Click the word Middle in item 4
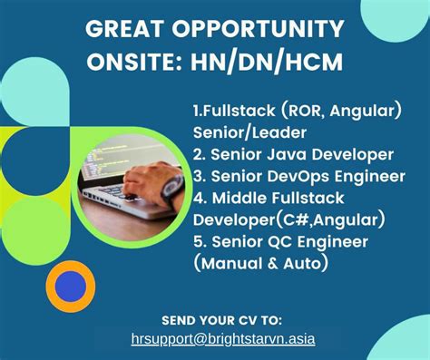[x=240, y=197]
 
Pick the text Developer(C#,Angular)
[x=277, y=219]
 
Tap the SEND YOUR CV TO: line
[x=221, y=321]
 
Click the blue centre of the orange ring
[x=69, y=287]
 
